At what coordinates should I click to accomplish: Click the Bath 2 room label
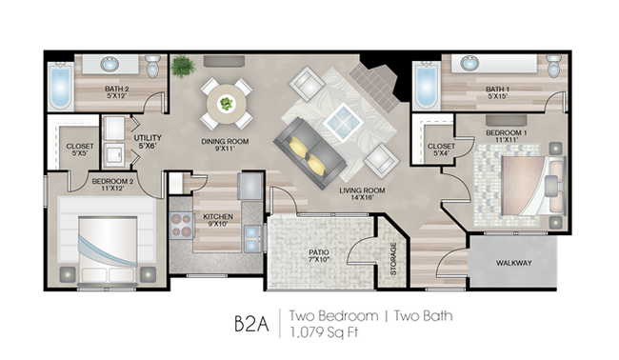tap(117, 92)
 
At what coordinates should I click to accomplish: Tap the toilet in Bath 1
tap(554, 66)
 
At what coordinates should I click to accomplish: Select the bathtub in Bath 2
tap(60, 86)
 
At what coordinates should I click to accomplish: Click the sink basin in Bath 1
tap(469, 63)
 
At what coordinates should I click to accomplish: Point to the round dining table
tap(227, 104)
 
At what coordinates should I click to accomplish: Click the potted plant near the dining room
tap(183, 67)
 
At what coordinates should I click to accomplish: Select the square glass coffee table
tap(343, 122)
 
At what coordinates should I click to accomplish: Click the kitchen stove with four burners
tap(182, 225)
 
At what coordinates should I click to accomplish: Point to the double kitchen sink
tap(251, 239)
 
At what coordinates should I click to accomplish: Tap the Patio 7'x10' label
tap(319, 256)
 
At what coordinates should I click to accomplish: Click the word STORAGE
tap(393, 258)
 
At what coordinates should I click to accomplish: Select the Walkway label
tap(514, 263)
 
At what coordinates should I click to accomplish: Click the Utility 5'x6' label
tap(148, 141)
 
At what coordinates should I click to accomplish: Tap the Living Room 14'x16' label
tap(362, 194)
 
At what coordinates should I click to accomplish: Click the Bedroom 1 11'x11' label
tap(507, 136)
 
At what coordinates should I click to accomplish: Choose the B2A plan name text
tap(251, 323)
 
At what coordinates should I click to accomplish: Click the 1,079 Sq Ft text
tap(324, 332)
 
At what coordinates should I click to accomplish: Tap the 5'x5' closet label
tap(80, 150)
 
